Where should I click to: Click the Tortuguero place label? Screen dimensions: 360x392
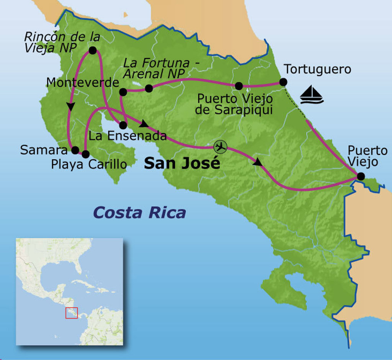coord(317,69)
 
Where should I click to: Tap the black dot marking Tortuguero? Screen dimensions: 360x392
coord(283,82)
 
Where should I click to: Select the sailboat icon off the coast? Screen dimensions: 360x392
coord(311,95)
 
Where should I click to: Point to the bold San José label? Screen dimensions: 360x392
coord(182,163)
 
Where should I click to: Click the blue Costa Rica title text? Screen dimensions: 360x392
coord(140,212)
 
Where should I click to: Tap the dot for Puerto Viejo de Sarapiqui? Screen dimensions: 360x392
coord(239,86)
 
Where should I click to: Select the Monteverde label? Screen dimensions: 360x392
coord(82,82)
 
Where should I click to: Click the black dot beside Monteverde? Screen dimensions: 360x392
coord(123,92)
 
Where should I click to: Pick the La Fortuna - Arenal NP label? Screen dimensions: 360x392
coord(157,67)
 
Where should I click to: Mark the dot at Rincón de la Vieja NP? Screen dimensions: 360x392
coord(92,50)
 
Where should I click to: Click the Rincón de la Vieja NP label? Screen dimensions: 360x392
coord(61,42)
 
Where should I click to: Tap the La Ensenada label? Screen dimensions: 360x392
coord(128,136)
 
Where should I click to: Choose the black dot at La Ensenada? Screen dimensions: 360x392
coord(123,125)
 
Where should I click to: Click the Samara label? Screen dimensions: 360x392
coord(44,150)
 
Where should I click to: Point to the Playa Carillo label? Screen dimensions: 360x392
coord(89,164)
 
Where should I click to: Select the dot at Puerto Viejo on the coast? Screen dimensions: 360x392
coord(360,177)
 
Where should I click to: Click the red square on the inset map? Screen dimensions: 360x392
coord(72,313)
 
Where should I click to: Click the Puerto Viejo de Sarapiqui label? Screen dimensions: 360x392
coord(235,104)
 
